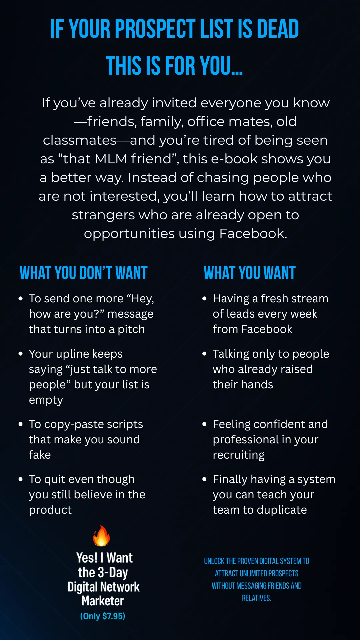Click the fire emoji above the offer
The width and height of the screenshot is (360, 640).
pyautogui.click(x=101, y=536)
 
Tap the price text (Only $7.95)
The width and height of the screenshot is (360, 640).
pyautogui.click(x=103, y=616)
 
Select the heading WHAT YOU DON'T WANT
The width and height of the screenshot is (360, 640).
pyautogui.click(x=83, y=273)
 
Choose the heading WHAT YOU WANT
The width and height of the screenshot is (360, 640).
pyautogui.click(x=250, y=273)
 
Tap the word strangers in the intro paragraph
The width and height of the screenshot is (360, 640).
pyautogui.click(x=103, y=215)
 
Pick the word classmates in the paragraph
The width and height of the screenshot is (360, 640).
pyautogui.click(x=79, y=140)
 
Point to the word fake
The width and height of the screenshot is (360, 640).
pyautogui.click(x=40, y=455)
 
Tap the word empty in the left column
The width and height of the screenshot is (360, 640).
pyautogui.click(x=46, y=400)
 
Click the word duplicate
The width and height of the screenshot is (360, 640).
pyautogui.click(x=282, y=510)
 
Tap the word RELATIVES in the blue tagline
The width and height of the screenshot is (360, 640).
pyautogui.click(x=256, y=598)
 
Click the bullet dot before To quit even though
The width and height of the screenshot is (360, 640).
pyautogui.click(x=21, y=479)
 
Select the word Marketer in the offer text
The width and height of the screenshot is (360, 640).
pyautogui.click(x=103, y=601)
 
